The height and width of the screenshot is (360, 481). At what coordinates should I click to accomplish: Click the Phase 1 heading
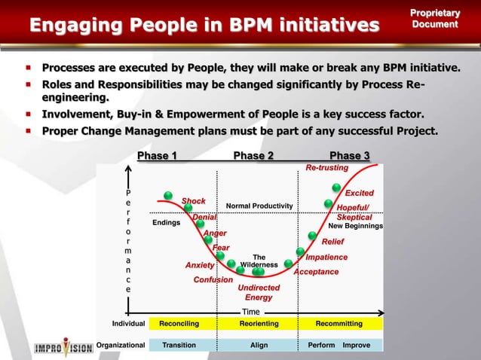click(157, 156)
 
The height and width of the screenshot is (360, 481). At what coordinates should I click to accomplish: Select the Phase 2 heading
click(253, 156)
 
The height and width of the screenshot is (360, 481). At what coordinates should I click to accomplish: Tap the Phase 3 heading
click(350, 156)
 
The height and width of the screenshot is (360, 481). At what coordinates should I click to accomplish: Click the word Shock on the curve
click(194, 201)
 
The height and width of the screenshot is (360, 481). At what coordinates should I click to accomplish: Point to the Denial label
click(204, 218)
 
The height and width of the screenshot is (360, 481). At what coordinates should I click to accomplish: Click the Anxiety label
click(200, 265)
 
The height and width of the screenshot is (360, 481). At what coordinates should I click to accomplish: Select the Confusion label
click(213, 279)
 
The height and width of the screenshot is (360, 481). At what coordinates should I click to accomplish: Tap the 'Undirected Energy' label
click(259, 292)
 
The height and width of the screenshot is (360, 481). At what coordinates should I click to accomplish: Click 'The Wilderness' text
click(259, 261)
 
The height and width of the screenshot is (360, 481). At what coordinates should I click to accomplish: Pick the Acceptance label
click(316, 271)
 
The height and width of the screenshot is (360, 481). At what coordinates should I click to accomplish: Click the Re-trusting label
click(326, 167)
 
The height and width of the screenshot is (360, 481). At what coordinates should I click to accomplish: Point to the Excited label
click(359, 194)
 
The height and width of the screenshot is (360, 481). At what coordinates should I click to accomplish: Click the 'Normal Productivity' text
click(259, 206)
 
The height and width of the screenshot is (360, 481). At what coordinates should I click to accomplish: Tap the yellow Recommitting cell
click(339, 323)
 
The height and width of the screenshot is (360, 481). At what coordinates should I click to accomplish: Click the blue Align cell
click(259, 345)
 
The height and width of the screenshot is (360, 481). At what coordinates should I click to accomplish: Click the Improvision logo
click(64, 347)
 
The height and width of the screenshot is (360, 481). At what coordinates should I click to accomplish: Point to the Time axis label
click(251, 311)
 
